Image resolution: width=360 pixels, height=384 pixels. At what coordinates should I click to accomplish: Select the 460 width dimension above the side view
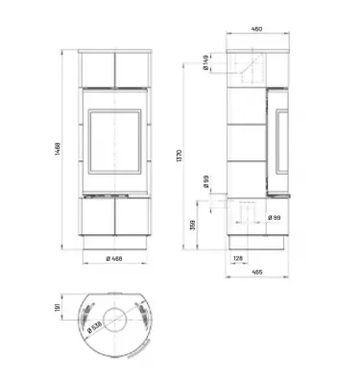coord(256,30)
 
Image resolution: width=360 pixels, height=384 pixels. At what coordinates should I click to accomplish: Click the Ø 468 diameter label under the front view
coord(113,258)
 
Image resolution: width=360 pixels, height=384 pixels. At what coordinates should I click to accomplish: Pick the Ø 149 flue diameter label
coord(208,66)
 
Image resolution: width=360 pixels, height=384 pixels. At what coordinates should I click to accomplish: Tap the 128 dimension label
coord(236,257)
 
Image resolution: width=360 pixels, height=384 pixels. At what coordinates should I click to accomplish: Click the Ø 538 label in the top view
coord(95,324)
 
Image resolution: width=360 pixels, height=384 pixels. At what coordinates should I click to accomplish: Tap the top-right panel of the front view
coord(132,66)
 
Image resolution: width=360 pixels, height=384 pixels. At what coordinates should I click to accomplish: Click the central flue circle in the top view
coord(114,316)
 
